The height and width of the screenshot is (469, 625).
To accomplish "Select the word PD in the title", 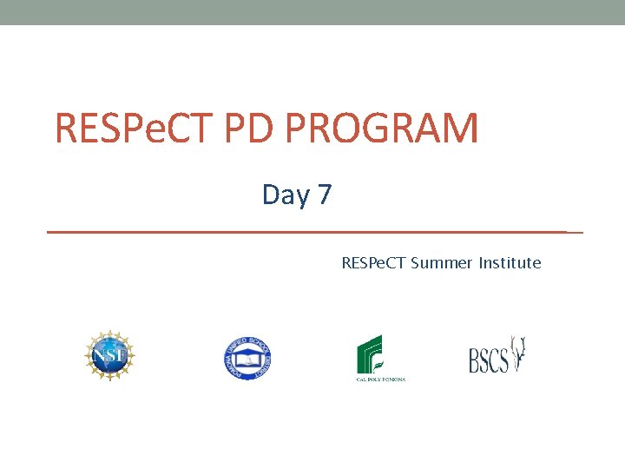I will coord(252,128).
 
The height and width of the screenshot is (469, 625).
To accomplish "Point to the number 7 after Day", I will coord(325,195).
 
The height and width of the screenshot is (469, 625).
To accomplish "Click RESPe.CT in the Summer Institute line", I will coord(373,263).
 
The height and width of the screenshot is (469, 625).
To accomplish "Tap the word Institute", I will coord(510,263).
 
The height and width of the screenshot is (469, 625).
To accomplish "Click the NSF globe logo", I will coord(109,356).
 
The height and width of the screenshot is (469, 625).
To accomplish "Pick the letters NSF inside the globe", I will coord(109,356).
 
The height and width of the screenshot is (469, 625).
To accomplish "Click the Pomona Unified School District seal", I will coord(247,358).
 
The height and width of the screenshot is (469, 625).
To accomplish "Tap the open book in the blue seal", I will coord(247,359).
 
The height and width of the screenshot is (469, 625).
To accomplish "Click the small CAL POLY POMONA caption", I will coord(381,379).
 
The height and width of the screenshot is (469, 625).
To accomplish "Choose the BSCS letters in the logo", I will coord(488,360).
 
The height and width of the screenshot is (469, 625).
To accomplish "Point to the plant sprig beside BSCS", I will coord(519,353).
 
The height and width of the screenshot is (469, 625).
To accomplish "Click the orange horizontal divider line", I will coord(312,233).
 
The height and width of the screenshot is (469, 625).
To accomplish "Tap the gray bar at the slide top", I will coord(312,12).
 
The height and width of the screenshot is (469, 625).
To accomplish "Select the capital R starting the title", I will coord(66,128).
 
